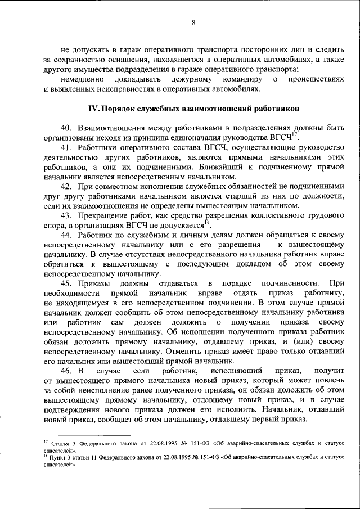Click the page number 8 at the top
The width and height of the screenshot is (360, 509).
193,23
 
